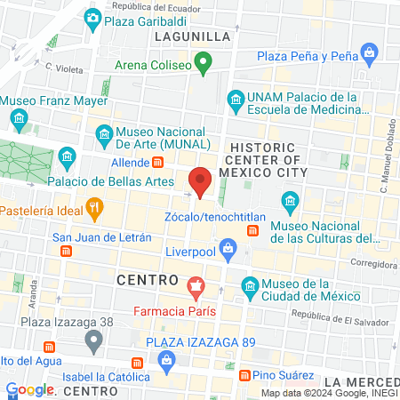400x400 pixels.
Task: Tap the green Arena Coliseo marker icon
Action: (203, 64)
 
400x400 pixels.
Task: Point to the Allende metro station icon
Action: (158, 163)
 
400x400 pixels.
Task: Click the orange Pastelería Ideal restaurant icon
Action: (95, 210)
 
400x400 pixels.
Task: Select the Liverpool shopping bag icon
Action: (228, 246)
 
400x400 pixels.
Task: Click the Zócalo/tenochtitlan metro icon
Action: (252, 230)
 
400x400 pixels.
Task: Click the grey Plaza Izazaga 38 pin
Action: (93, 340)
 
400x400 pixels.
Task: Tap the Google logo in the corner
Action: (29, 389)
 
